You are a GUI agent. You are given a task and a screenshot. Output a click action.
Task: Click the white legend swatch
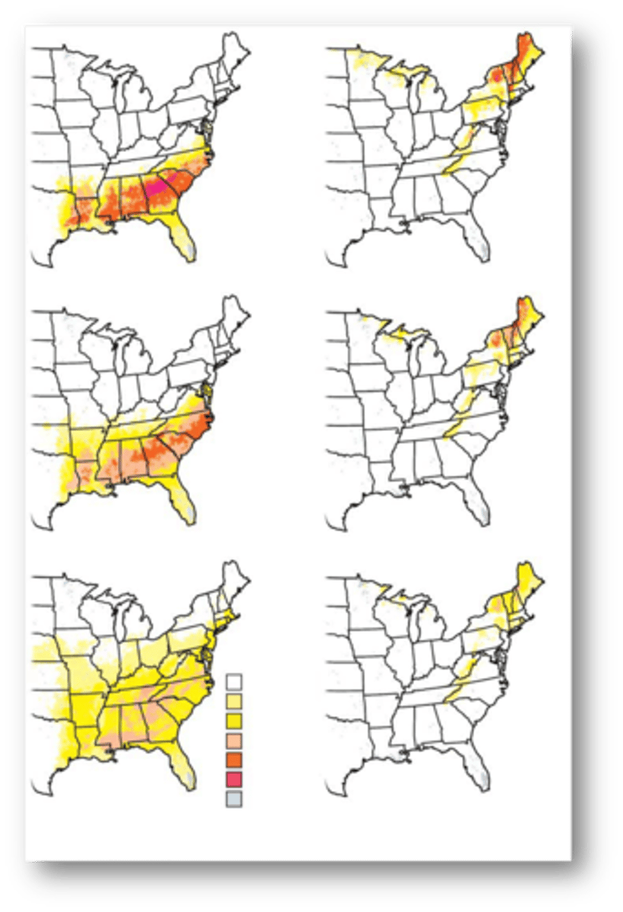point(234,681)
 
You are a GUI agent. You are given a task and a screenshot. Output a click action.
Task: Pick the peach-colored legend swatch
point(234,739)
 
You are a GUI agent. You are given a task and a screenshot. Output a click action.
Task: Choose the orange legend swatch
point(234,759)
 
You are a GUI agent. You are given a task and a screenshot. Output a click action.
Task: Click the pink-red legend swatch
point(234,778)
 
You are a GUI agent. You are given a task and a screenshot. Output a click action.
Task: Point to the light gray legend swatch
point(234,798)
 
